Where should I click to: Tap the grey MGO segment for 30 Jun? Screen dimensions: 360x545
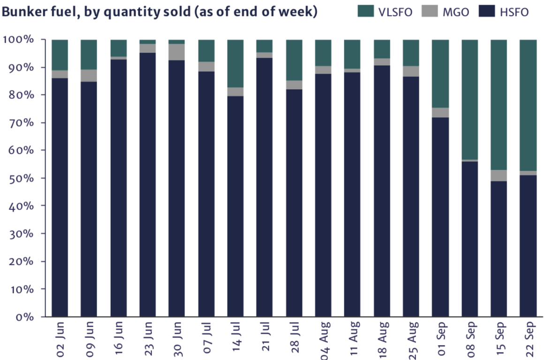click(177, 52)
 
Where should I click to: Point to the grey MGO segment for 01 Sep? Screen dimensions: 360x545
click(440, 112)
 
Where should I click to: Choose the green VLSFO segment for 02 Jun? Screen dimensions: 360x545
click(60, 55)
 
